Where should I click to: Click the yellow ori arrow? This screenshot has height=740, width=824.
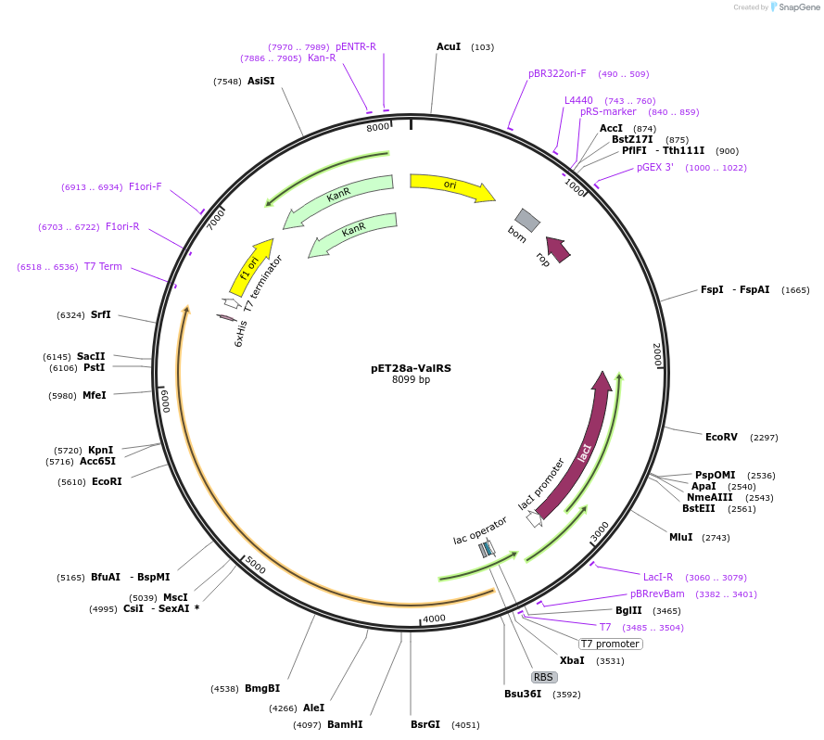click(450, 185)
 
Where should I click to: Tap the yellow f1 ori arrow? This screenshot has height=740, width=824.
click(251, 267)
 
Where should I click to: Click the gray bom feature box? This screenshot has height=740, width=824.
click(527, 220)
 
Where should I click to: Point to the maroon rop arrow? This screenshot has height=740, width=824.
click(559, 249)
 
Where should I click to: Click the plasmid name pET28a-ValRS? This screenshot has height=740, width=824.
click(411, 368)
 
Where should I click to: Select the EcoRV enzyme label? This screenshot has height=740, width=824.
click(721, 437)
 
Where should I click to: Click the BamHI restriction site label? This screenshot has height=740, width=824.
click(345, 724)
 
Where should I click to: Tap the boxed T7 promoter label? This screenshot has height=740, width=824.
click(611, 644)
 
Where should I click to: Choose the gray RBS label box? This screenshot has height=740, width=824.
click(543, 677)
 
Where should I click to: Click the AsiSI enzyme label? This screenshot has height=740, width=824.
click(260, 81)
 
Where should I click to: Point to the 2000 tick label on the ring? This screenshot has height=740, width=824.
click(657, 354)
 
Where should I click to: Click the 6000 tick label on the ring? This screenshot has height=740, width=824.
click(166, 401)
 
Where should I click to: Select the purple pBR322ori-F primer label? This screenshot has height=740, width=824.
click(557, 73)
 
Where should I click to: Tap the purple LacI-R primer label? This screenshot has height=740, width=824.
click(658, 577)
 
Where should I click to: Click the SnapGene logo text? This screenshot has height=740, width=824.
click(799, 7)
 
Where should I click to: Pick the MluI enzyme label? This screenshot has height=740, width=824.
click(680, 537)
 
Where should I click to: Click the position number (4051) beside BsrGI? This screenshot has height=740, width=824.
click(465, 725)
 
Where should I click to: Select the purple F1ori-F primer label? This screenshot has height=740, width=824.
click(145, 186)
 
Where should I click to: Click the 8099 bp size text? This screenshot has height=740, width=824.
click(411, 379)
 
